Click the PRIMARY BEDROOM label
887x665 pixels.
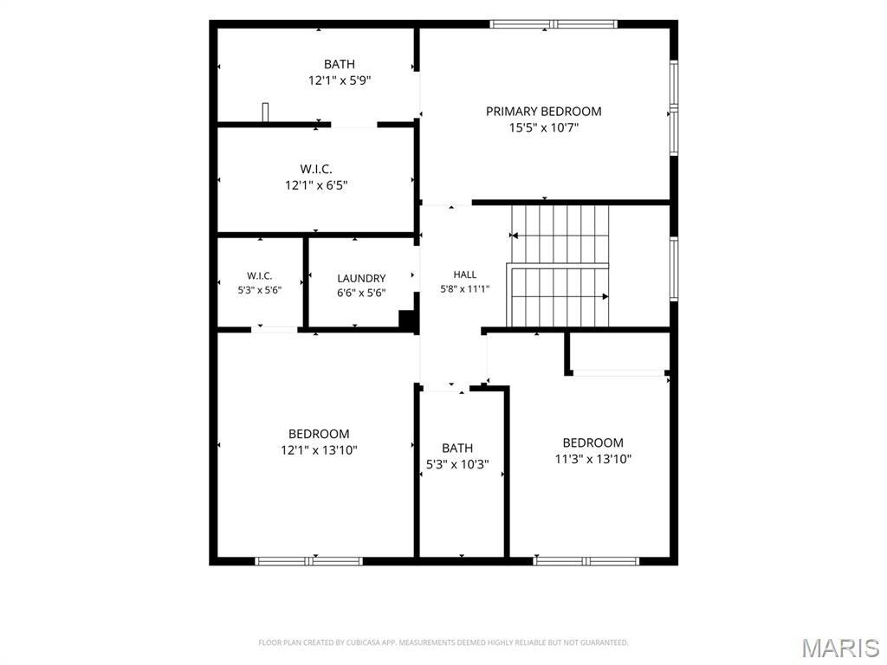(543, 112)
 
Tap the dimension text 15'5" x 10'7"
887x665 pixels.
(544, 128)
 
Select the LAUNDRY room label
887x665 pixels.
(361, 278)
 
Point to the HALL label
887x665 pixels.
(465, 274)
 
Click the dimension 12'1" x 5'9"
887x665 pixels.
(340, 81)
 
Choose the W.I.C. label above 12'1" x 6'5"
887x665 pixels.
(316, 169)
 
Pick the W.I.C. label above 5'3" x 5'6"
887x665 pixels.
(260, 276)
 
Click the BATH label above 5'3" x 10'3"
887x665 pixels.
(457, 448)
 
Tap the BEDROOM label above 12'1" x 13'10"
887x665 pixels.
(319, 434)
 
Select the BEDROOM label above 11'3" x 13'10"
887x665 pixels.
(592, 442)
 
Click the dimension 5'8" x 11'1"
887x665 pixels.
(465, 289)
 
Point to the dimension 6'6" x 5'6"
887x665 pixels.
(361, 293)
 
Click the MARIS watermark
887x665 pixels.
(840, 648)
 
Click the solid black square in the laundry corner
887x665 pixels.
(407, 319)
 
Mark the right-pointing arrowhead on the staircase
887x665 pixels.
(605, 296)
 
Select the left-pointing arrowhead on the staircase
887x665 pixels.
(514, 236)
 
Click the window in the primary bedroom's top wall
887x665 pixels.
(554, 23)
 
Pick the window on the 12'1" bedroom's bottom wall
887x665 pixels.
(308, 561)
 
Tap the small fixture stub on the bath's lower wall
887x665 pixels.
(265, 112)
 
